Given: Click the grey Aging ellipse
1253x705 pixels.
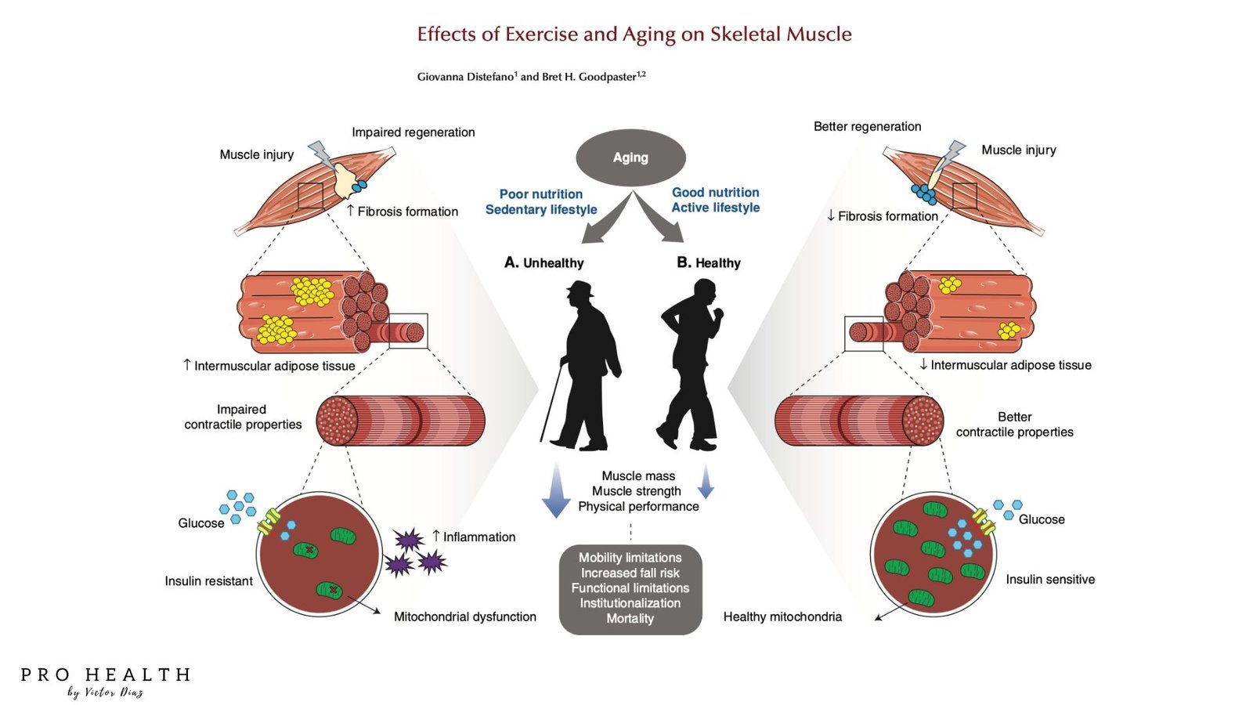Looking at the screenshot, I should tap(630, 157).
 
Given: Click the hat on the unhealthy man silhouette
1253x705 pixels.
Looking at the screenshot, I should tap(580, 289).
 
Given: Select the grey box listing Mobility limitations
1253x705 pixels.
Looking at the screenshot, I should tap(630, 588).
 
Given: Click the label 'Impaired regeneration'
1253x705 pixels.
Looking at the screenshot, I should tap(413, 132).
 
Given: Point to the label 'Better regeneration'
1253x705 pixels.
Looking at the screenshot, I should tap(867, 126).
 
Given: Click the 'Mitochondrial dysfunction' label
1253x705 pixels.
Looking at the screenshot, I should tap(464, 616).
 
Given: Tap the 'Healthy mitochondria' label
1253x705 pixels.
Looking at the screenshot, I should tap(782, 616).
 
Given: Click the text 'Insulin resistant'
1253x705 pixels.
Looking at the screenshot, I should tap(208, 580).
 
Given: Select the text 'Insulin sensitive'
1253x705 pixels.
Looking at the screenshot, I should tap(1050, 579).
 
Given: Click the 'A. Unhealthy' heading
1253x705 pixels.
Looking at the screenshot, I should tap(544, 262).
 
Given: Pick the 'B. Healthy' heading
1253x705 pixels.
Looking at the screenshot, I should tap(709, 262).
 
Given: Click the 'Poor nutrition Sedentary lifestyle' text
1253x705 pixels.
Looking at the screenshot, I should tap(541, 201).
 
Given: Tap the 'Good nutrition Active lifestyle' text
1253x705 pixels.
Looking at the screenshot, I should tap(716, 200).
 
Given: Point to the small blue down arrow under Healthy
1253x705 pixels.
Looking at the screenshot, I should tap(706, 482).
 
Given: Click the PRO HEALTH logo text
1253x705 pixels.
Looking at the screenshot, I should tap(106, 675).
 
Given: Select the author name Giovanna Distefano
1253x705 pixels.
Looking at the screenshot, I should tap(466, 77).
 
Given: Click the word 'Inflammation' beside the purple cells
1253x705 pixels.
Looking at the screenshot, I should tap(479, 537).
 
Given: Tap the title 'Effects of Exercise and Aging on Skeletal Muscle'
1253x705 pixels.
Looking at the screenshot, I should tap(634, 34).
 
